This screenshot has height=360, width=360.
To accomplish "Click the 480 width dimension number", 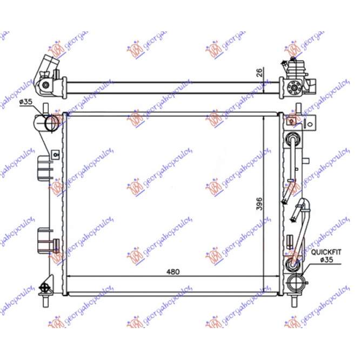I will [x=172, y=271].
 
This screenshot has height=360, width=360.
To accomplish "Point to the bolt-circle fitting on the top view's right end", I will [x=295, y=87].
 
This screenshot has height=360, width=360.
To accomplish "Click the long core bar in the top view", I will [x=172, y=86].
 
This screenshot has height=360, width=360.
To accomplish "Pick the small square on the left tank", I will [x=55, y=155].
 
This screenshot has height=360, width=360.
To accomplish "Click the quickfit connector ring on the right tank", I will [x=294, y=265].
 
